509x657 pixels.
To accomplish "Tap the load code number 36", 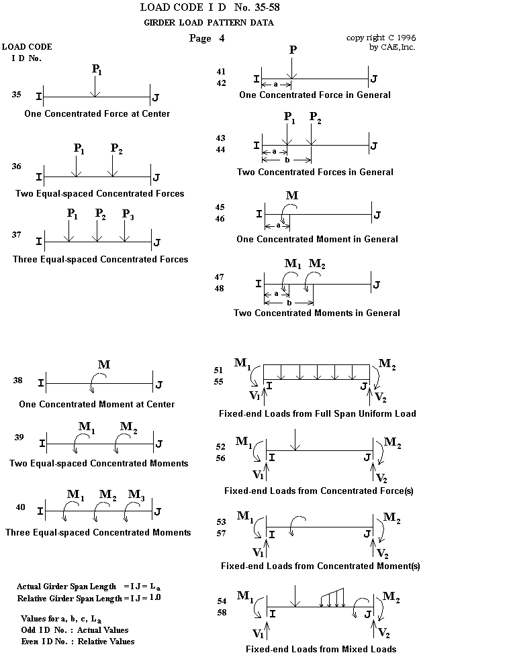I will tap(16, 166).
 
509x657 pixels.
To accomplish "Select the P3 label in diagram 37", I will tap(128, 214).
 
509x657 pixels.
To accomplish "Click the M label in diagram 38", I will tap(104, 365).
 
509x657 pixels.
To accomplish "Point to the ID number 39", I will tap(19, 438).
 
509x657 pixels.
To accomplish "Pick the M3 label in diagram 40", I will tap(136, 495).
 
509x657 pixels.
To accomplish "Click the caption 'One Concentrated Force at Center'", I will tap(97, 114).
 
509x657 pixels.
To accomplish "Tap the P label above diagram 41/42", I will tap(292, 51).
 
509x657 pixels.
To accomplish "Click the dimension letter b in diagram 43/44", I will tap(287, 161).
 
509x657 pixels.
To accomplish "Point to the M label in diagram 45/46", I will tap(291, 196).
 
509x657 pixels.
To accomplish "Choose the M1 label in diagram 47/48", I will tap(293, 264).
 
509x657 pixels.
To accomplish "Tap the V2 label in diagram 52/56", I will tap(381, 478).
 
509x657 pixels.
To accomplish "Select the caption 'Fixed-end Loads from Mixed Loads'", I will tap(320, 649).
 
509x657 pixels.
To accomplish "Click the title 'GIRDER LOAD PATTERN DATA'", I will tap(209, 23).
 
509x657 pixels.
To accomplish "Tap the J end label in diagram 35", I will tap(156, 98).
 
